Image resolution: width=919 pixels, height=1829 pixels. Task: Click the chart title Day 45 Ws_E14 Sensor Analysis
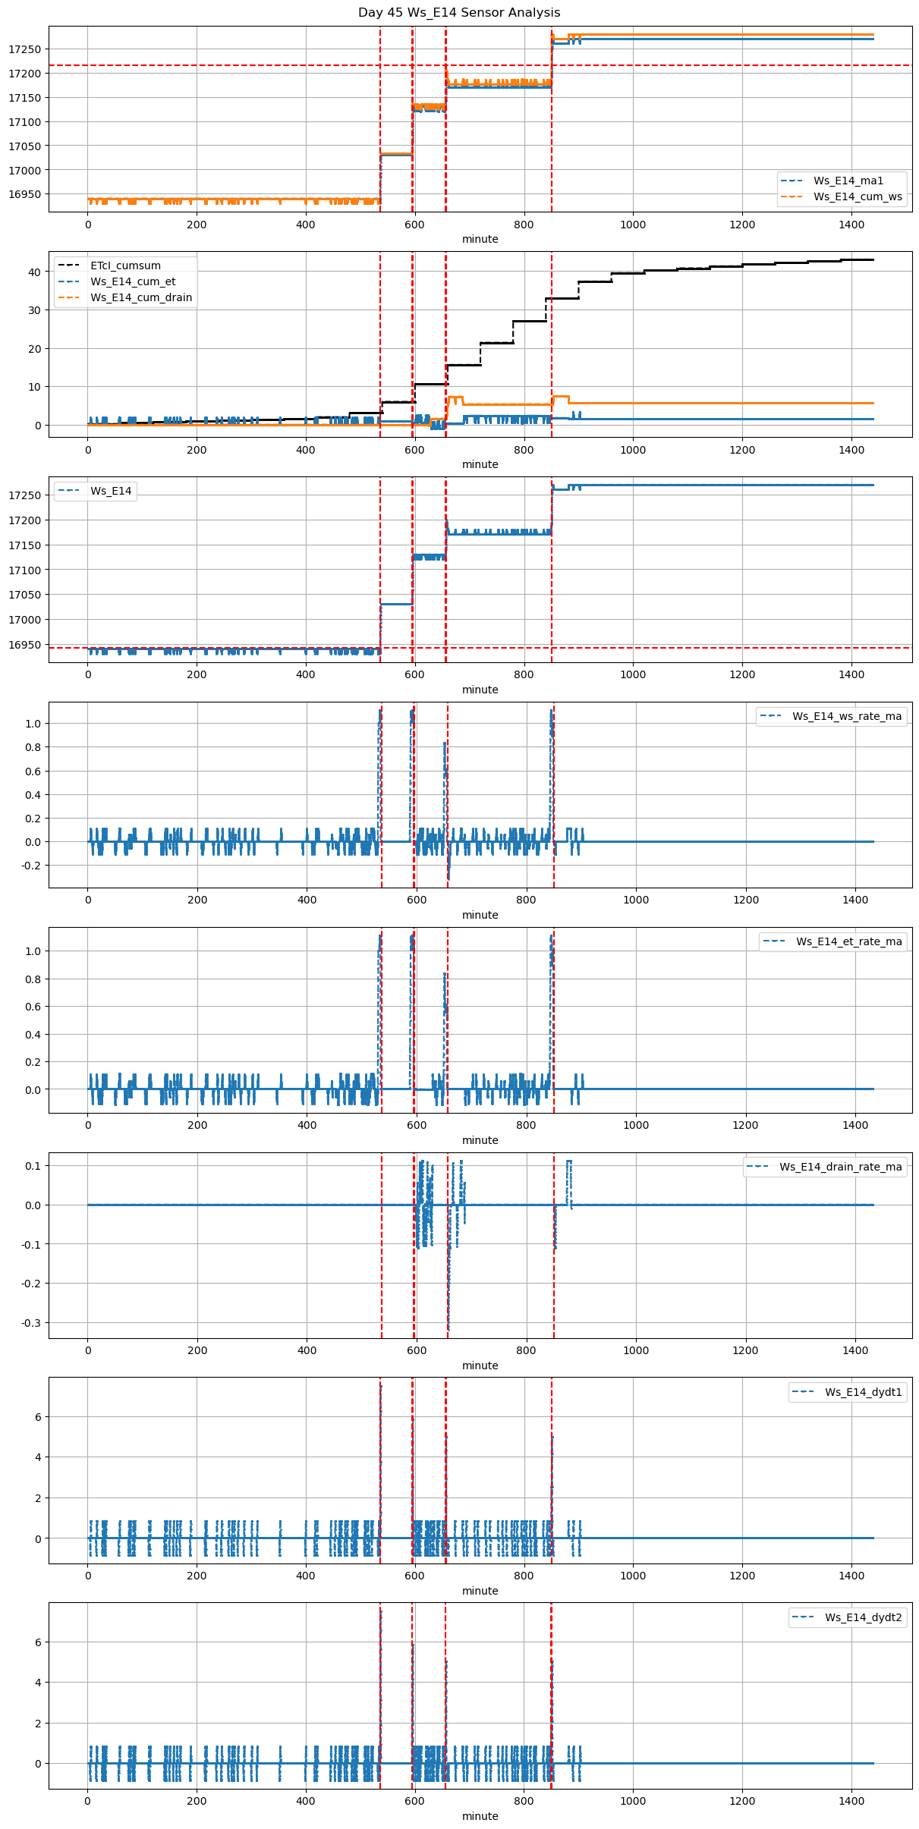tap(459, 13)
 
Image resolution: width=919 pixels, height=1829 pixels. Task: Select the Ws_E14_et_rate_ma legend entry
tap(848, 941)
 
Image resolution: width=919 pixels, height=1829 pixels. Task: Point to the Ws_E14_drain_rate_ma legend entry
tap(840, 1167)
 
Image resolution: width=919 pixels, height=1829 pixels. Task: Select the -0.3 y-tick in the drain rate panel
tap(30, 1323)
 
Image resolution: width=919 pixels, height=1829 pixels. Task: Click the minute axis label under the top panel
tap(480, 239)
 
